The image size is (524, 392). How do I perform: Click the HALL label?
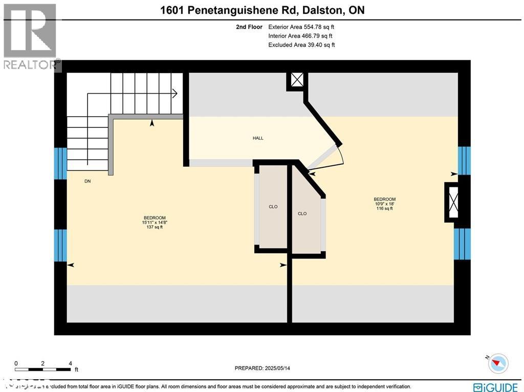coord(258,138)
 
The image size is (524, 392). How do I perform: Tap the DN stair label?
coord(88,181)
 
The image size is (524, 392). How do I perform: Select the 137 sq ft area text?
coord(154,227)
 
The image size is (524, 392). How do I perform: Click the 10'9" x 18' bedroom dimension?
coord(384,204)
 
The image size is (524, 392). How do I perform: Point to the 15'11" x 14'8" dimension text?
coord(154,222)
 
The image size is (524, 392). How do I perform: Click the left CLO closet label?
coord(273,207)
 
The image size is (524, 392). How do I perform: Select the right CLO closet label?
coord(302,213)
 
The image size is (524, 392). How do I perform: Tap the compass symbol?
coord(498,363)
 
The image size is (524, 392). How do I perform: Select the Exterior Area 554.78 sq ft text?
coord(301,27)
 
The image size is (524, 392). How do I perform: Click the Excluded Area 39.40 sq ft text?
coord(301,45)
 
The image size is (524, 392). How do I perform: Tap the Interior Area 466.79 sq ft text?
coord(300,36)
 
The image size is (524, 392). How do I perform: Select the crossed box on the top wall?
coord(297,80)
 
